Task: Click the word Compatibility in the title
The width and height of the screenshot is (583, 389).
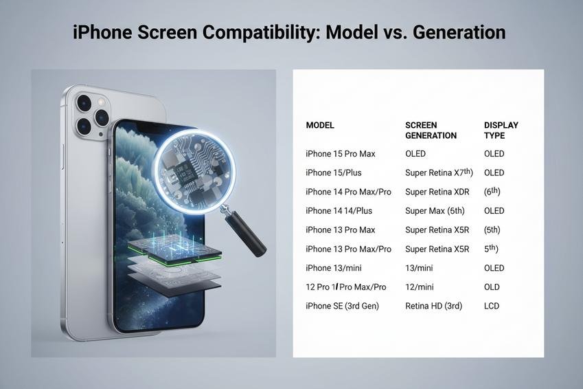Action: (258, 32)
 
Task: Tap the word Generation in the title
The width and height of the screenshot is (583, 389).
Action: (459, 32)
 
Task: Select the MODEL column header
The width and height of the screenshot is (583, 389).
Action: (320, 125)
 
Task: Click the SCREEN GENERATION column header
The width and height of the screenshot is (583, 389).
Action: (431, 131)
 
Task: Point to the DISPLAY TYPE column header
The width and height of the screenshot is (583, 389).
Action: (501, 131)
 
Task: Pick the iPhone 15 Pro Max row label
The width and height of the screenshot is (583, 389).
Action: (340, 154)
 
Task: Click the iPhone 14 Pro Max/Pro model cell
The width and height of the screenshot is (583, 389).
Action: (348, 192)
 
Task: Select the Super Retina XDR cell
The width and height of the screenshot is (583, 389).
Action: (437, 192)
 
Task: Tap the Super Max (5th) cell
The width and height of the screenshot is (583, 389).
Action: (435, 211)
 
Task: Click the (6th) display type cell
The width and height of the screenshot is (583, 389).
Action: (492, 191)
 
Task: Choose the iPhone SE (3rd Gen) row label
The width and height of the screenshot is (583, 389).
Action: (342, 306)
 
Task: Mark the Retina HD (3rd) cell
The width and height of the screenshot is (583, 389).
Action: (433, 306)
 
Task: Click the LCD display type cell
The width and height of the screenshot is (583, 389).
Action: (492, 306)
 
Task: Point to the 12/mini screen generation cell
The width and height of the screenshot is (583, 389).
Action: (420, 287)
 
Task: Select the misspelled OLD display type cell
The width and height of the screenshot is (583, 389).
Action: (492, 287)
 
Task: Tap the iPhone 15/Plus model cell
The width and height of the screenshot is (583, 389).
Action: (334, 173)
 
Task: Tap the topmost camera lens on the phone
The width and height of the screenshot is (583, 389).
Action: (84, 102)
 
